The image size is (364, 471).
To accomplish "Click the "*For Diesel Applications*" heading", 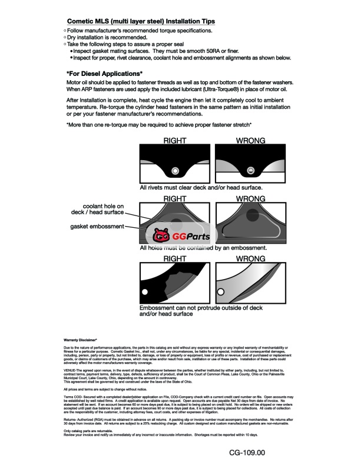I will coord(104,73).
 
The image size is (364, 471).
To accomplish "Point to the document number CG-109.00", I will coord(248,452).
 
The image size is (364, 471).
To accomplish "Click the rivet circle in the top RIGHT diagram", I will coord(174,171).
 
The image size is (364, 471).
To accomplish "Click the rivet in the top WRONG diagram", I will coord(250,171).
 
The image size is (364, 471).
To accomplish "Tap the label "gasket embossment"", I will coord(97,226).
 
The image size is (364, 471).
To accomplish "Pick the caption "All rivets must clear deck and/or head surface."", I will coord(201,187).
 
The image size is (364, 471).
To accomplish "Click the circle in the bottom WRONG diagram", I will coord(222,291).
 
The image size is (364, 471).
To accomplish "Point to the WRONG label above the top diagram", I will coord(250,141).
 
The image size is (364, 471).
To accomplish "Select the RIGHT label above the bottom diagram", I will coord(174,258).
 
